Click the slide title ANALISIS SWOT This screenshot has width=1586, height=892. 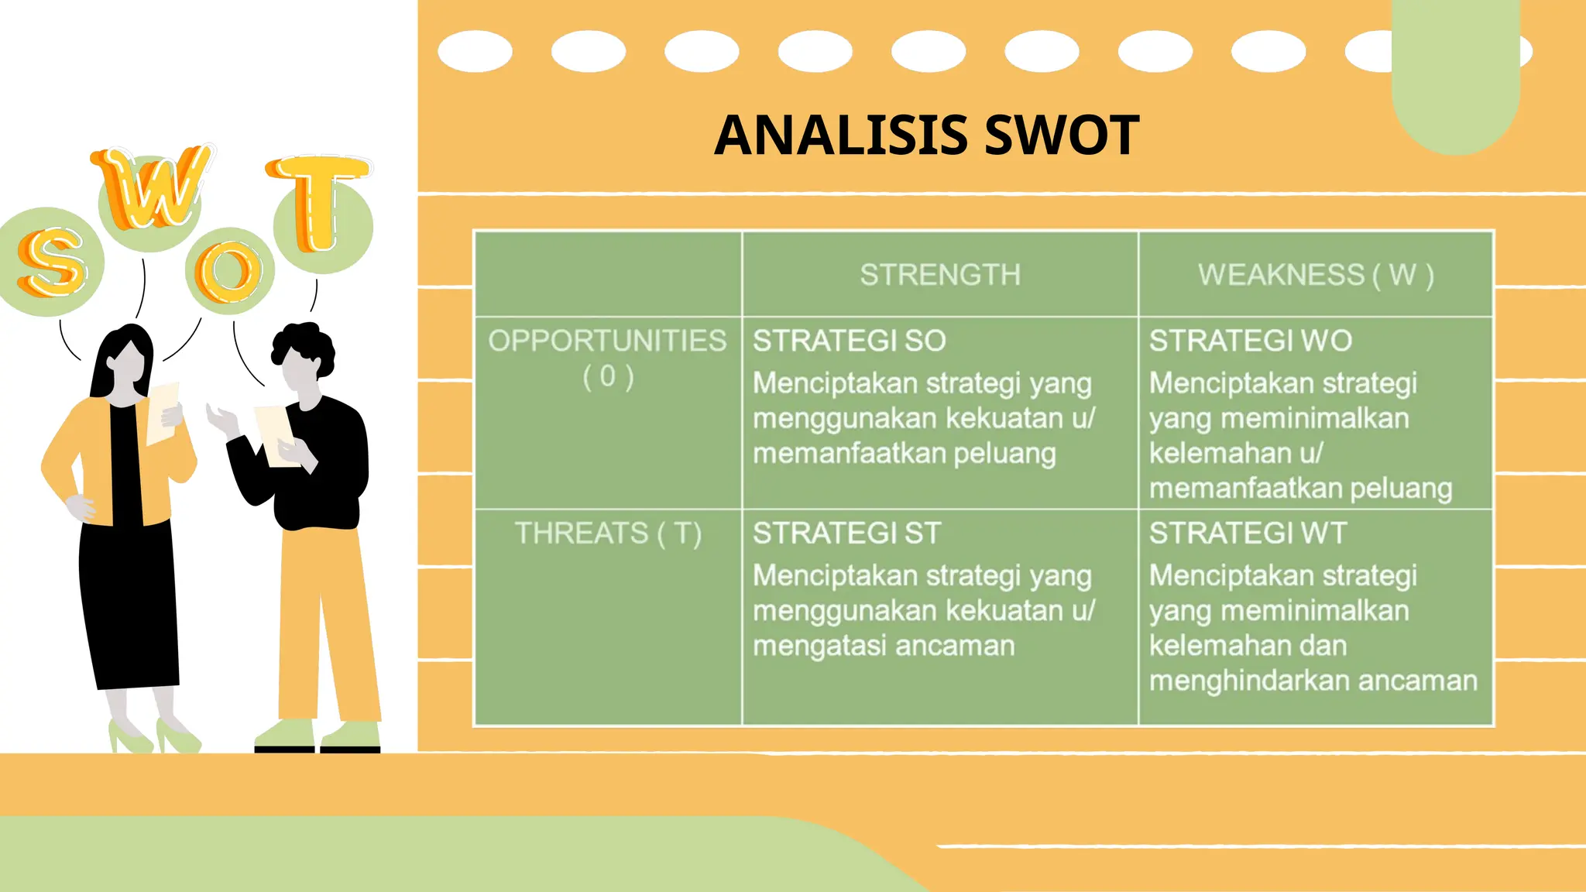tap(926, 136)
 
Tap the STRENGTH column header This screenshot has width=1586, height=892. tap(940, 275)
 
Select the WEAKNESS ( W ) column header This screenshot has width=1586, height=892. tap(1316, 275)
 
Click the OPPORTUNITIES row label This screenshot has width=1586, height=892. tap(607, 341)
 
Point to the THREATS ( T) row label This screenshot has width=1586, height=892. tap(608, 533)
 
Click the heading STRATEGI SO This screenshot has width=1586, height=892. tap(850, 341)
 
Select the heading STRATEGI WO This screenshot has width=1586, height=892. tap(1250, 341)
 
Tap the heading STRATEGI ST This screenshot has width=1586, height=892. tap(846, 533)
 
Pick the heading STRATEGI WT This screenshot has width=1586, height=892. tap(1248, 533)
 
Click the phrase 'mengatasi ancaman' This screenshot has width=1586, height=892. tap(884, 646)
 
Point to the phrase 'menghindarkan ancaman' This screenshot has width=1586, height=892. tap(1313, 681)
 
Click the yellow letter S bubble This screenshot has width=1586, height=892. tap(51, 263)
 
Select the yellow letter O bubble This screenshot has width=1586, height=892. tap(229, 271)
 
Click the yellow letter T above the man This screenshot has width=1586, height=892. tap(318, 203)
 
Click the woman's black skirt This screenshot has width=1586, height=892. tap(128, 604)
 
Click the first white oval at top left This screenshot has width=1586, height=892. tap(475, 52)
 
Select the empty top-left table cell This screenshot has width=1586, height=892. tap(608, 274)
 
